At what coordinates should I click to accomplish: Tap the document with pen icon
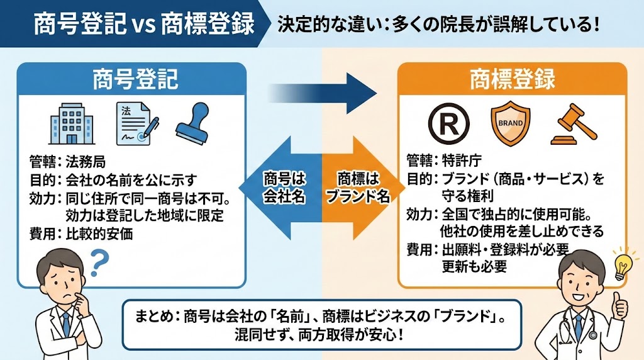[x=135, y=122]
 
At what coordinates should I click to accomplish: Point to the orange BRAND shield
[x=509, y=122]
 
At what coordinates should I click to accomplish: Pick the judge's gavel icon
[x=572, y=123]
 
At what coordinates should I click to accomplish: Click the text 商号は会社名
[x=284, y=186]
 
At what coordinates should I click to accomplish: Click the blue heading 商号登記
[x=136, y=79]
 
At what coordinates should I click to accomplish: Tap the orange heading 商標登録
[x=513, y=79]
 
